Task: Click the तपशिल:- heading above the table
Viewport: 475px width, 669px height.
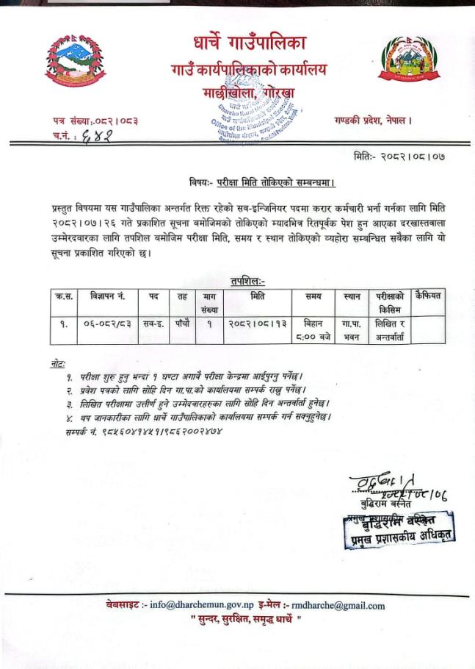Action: (247, 280)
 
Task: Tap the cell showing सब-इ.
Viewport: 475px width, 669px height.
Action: (153, 323)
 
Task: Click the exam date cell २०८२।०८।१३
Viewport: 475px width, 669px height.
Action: (257, 323)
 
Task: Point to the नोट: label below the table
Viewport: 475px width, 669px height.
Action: (54, 364)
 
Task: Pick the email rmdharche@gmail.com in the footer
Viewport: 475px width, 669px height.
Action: (338, 606)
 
